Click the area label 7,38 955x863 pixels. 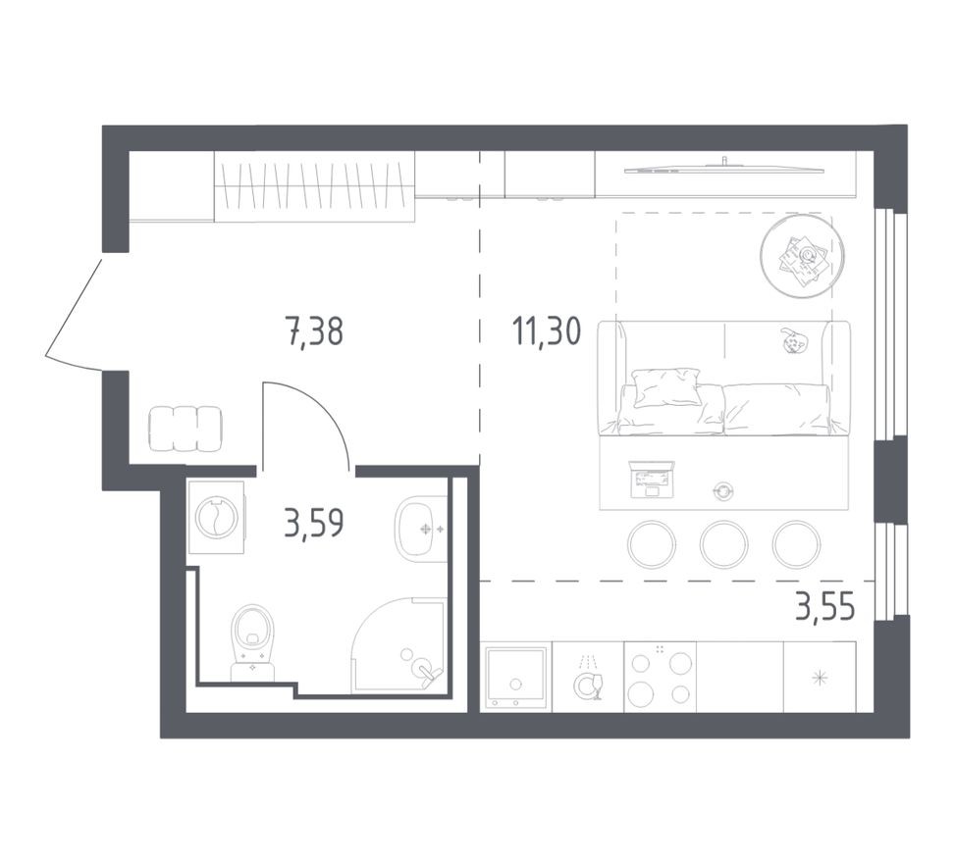click(x=314, y=332)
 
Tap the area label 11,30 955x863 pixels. click(x=546, y=332)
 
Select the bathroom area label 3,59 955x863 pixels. click(x=313, y=522)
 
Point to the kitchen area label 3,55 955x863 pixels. click(x=824, y=608)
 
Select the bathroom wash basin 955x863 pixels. click(x=422, y=529)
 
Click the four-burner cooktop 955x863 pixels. click(x=660, y=677)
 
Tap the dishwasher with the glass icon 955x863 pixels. click(x=588, y=677)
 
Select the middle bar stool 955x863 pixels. click(x=724, y=544)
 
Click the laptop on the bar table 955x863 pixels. click(x=652, y=478)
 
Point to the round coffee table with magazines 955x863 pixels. click(x=803, y=256)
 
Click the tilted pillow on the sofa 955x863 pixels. click(x=666, y=385)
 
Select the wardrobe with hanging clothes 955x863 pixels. click(x=314, y=186)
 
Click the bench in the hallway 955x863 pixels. click(x=186, y=429)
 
